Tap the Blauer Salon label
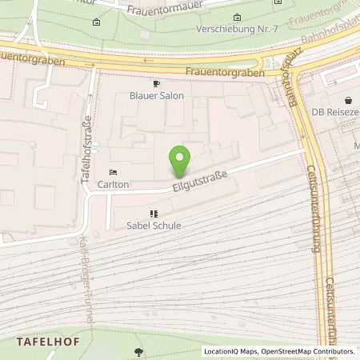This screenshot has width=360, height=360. click(156, 96)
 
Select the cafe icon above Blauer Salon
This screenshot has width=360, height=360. click(156, 83)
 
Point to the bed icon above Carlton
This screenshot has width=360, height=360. click(113, 172)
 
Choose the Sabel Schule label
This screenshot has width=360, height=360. click(154, 226)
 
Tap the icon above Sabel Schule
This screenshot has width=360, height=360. click(154, 214)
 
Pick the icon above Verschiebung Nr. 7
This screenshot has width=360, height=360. click(236, 18)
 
